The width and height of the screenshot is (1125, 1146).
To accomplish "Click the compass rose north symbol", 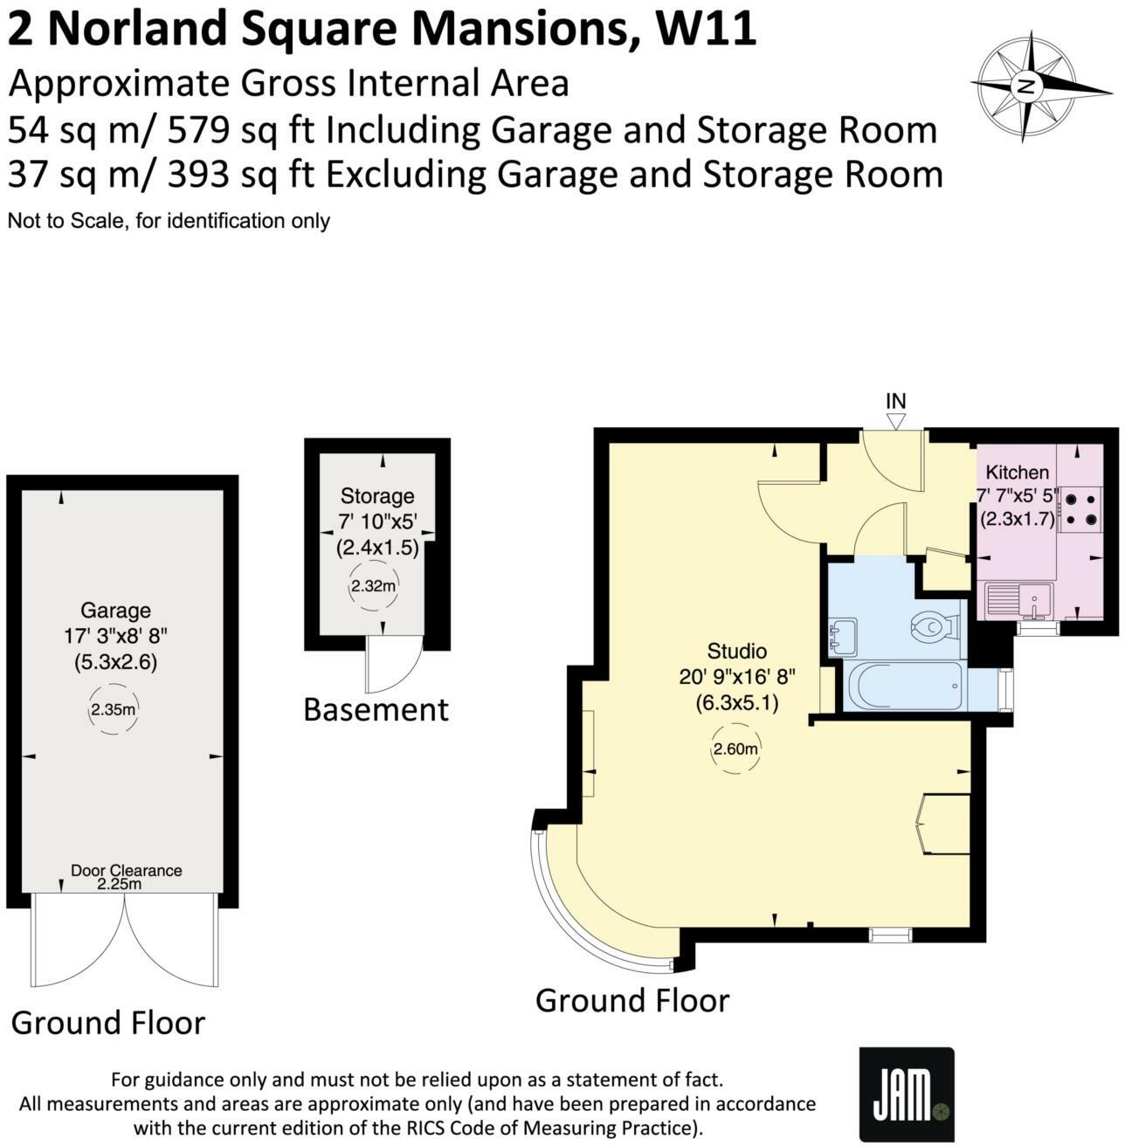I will coord(1026,86).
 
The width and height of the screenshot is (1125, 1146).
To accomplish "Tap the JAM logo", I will coord(907,1095).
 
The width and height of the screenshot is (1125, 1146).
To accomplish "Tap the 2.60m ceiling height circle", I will coord(735,749).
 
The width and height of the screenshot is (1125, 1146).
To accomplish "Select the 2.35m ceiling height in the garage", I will coord(113,710).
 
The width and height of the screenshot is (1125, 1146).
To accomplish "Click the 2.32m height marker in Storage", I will coord(373,586).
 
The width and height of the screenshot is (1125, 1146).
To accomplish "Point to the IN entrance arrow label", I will coord(896,402).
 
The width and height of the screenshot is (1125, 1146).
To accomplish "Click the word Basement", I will coord(376,710).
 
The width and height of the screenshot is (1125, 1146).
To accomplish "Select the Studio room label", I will coord(736,652).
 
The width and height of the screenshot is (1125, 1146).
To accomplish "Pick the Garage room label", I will coord(115,611).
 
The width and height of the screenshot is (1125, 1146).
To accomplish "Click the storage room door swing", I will coord(392,666).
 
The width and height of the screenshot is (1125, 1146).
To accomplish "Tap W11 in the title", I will coord(705,30).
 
